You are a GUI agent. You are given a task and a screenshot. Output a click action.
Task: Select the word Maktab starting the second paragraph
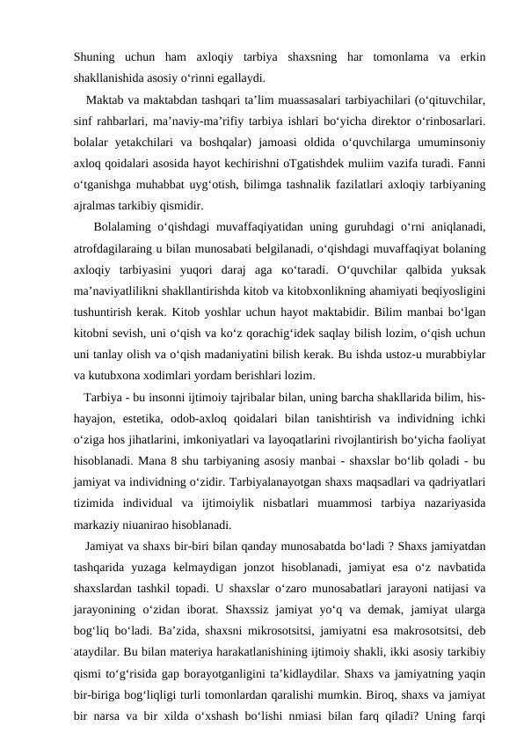106,98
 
